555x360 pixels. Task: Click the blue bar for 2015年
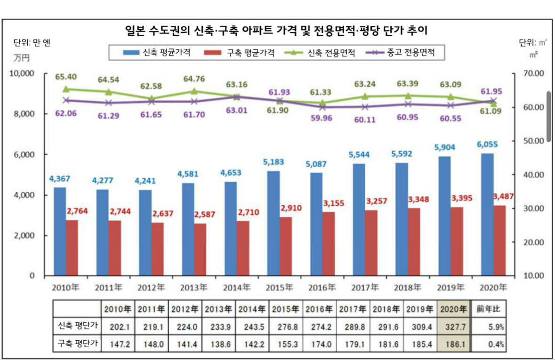point(273,224)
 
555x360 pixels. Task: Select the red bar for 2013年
point(200,249)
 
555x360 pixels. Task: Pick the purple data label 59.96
point(322,118)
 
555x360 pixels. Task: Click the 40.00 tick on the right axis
point(534,175)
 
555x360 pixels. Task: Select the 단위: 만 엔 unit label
point(32,43)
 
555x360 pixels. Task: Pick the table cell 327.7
point(453,326)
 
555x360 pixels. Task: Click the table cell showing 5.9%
point(490,326)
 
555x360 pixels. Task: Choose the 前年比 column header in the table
point(490,309)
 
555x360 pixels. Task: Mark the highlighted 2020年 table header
point(453,309)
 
